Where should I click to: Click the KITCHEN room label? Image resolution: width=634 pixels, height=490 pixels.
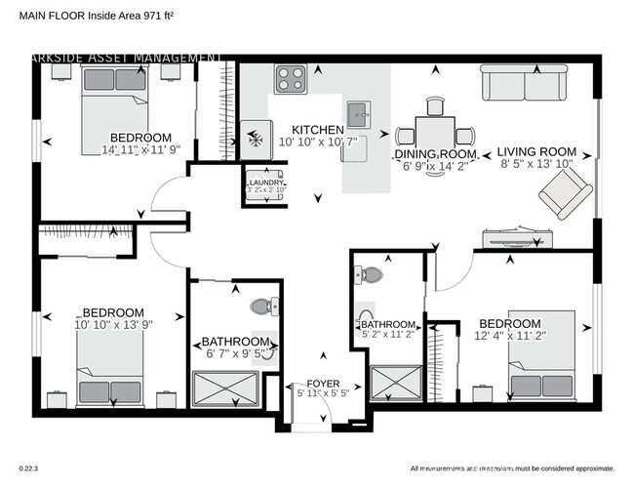click(319, 130)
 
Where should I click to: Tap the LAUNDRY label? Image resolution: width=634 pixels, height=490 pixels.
click(266, 182)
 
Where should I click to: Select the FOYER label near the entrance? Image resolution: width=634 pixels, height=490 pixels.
click(323, 383)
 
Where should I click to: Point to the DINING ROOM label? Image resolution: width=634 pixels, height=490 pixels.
click(435, 154)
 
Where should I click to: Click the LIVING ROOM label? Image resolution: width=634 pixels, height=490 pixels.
click(536, 152)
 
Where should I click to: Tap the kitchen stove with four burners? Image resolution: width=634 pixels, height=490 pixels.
click(291, 77)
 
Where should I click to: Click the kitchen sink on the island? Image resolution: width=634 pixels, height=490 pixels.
click(358, 115)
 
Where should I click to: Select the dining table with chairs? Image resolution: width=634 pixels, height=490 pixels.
click(435, 131)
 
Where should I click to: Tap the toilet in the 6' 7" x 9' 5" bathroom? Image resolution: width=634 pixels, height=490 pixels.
click(262, 306)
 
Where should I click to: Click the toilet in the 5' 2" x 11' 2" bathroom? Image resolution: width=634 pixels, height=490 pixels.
click(370, 275)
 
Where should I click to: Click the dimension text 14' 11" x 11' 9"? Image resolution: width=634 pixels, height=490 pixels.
click(140, 150)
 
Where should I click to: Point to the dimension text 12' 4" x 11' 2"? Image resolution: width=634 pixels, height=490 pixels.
click(509, 337)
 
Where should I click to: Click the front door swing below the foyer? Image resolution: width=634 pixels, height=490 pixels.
click(313, 414)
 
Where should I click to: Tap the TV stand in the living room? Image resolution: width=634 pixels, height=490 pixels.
click(519, 236)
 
